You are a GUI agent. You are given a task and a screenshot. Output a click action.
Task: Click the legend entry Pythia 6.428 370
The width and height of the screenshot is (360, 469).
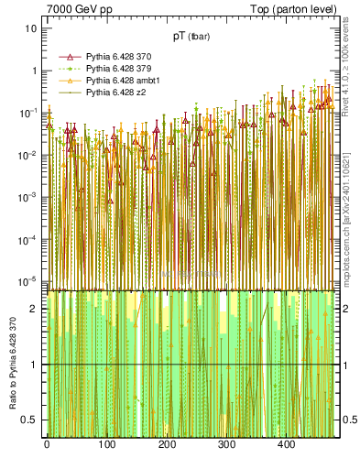click(x=117, y=57)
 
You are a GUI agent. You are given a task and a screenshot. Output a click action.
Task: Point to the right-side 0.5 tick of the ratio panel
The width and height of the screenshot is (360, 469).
click(x=346, y=420)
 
